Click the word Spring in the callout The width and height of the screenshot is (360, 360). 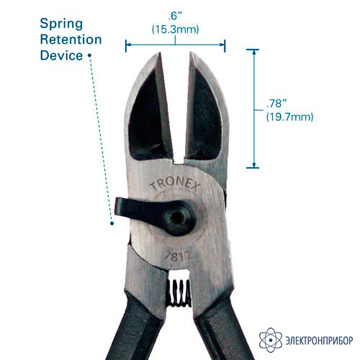click(61, 24)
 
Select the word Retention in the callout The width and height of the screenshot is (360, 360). click(71, 40)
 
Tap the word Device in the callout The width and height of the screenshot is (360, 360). click(61, 55)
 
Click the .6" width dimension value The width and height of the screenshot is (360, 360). click(175, 17)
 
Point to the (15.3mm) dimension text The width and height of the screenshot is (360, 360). click(176, 30)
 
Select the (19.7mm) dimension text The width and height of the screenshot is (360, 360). click(289, 117)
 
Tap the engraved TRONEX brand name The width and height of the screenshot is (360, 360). click(175, 184)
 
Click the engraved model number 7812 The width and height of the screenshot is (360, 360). click(177, 256)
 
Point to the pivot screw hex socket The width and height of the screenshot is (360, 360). click(176, 218)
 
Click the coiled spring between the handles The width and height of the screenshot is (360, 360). click(179, 292)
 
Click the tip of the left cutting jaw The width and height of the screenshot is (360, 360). click(159, 53)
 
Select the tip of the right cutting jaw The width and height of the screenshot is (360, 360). click(192, 53)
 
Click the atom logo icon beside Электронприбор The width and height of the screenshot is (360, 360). click(271, 340)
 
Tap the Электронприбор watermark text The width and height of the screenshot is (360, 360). click(319, 341)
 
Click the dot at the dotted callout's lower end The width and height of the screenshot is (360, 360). click(112, 223)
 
